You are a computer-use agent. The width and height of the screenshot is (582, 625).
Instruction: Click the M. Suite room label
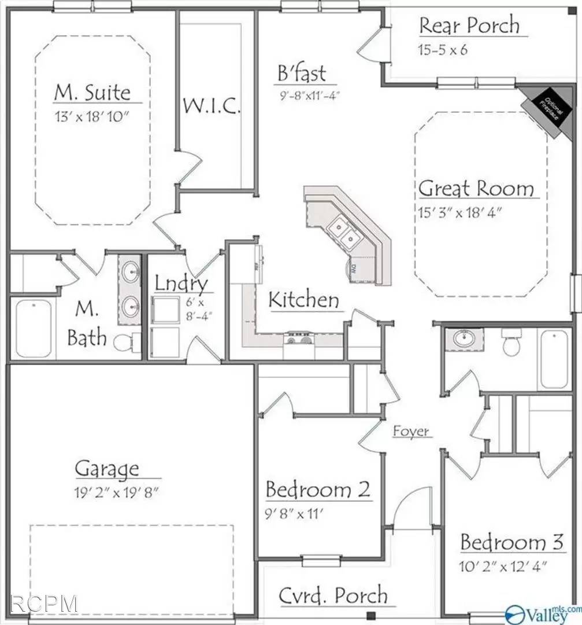[92, 92]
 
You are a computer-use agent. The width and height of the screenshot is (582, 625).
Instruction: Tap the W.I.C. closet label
[212, 106]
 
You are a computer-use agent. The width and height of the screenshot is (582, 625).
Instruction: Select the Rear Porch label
[469, 26]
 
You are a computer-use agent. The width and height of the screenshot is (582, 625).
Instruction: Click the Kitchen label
[304, 300]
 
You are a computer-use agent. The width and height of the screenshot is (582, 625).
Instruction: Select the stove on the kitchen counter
[298, 338]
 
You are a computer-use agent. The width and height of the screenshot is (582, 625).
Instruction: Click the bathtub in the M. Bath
[33, 329]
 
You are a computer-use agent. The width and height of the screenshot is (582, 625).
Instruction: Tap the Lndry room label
[181, 284]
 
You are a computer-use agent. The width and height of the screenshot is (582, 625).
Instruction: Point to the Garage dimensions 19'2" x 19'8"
[116, 494]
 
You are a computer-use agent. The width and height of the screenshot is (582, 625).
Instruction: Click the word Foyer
[412, 431]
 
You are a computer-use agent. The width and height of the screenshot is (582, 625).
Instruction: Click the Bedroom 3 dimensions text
[503, 565]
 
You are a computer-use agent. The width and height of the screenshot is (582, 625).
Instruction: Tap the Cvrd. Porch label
[333, 595]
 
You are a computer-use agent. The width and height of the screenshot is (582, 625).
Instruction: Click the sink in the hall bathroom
[464, 339]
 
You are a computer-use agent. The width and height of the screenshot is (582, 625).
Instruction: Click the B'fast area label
[301, 73]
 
